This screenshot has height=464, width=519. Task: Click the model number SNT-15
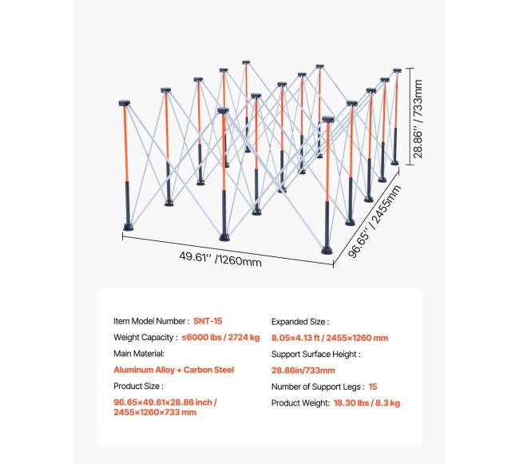(208, 321)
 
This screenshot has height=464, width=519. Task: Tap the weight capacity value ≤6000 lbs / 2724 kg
(220, 337)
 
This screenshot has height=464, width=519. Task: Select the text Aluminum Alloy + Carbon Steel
(174, 370)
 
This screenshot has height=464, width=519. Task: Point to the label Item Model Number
(152, 321)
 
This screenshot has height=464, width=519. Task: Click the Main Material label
(139, 354)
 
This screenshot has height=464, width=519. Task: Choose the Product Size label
(138, 387)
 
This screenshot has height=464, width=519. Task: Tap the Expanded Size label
(300, 322)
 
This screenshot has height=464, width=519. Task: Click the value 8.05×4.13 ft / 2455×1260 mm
(330, 338)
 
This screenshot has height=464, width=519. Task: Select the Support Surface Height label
(315, 354)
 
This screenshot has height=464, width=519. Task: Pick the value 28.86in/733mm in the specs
(303, 371)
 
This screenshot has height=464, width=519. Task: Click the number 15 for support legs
(373, 387)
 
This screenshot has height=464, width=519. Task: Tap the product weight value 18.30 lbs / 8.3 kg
(366, 403)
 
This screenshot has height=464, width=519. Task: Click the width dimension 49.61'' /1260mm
(220, 259)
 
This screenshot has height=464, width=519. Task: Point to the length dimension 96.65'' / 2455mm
(374, 221)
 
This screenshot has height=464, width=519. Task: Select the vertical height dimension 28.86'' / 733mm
(418, 119)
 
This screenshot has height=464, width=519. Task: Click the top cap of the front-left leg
(125, 103)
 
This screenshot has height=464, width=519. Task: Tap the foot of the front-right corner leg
(327, 251)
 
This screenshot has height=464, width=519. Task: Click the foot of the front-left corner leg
(129, 228)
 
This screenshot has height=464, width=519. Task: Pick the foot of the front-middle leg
(224, 237)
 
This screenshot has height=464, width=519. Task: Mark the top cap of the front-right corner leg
(328, 120)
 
